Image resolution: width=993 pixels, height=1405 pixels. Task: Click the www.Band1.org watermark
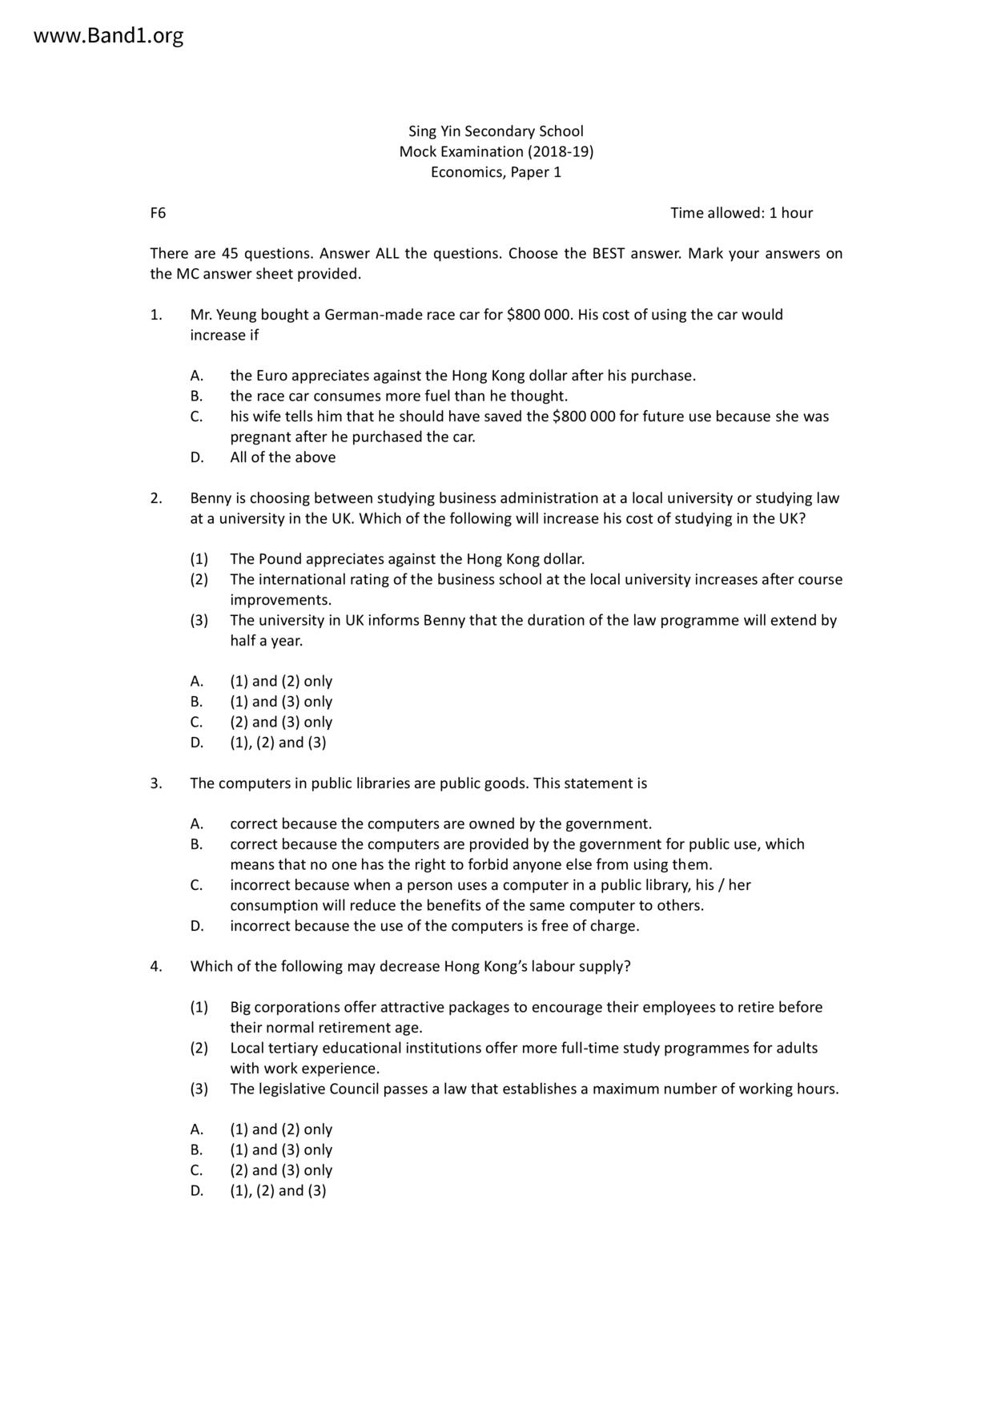108,36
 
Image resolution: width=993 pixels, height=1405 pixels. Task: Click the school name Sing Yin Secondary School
496,131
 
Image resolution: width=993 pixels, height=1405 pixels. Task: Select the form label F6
158,213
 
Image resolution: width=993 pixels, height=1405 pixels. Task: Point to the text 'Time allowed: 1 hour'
741,213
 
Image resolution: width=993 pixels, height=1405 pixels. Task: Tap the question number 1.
155,315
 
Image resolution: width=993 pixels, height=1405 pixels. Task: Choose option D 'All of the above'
283,457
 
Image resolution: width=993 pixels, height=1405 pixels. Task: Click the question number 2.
155,498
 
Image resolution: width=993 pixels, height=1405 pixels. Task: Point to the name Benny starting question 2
211,498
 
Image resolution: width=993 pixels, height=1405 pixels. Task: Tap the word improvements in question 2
280,600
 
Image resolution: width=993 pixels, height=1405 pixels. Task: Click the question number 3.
155,783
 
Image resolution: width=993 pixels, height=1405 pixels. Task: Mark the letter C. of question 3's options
196,885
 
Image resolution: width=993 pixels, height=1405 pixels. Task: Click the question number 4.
155,967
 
